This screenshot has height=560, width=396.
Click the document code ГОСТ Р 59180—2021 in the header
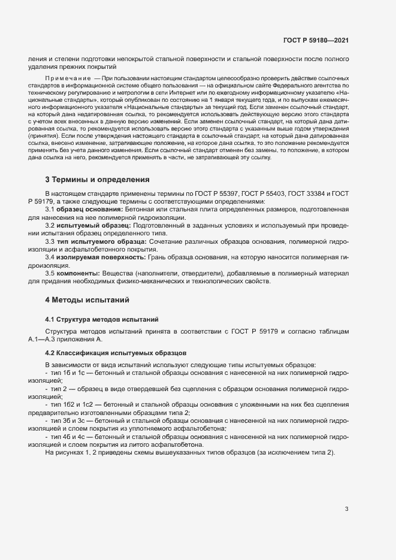tap(316, 41)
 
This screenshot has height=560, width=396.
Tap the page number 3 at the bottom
tap(346, 509)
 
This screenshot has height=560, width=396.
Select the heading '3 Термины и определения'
tap(97, 180)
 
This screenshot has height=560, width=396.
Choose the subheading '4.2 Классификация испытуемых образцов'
tap(108, 353)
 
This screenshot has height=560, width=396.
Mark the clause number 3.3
tap(50, 241)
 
